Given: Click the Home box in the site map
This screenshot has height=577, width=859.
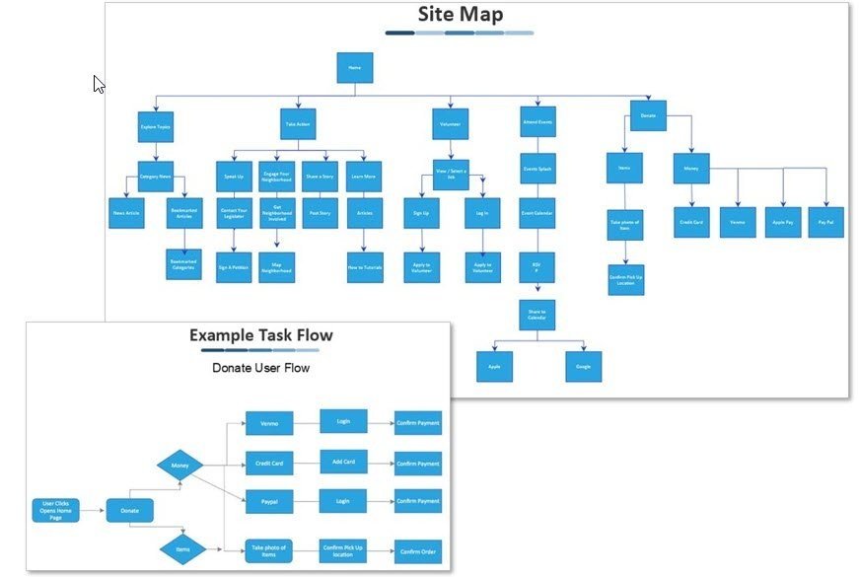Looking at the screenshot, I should point(354,68).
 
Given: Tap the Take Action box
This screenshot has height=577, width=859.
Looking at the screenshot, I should point(298,124).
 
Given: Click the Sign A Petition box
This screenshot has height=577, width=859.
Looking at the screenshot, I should point(234,266).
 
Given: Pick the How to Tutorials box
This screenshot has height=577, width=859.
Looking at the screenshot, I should point(364,266).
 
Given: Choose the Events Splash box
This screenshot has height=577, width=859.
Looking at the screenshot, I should point(537,169).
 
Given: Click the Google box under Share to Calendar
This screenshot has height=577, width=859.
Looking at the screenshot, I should point(583,366).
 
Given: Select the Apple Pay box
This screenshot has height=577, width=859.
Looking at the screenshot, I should point(784,221).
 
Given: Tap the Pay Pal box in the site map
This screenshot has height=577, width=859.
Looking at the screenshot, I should point(826,221).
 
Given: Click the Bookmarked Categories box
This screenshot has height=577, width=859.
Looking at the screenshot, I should point(184,263).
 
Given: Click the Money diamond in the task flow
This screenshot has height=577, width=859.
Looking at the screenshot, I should point(180,465).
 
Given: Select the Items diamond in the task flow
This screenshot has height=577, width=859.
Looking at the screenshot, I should point(183,548).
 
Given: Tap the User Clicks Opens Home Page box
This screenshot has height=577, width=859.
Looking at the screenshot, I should point(55,510).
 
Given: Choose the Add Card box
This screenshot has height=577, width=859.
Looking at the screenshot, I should point(343,462).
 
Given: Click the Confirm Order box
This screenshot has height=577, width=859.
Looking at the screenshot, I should point(417,551).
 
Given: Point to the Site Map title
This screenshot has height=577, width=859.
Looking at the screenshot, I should point(460,14).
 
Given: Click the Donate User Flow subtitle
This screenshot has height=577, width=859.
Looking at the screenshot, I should point(260,368).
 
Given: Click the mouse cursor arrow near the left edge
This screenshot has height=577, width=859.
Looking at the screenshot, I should point(99,84).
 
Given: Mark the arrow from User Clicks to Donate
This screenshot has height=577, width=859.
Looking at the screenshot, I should point(93,510).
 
